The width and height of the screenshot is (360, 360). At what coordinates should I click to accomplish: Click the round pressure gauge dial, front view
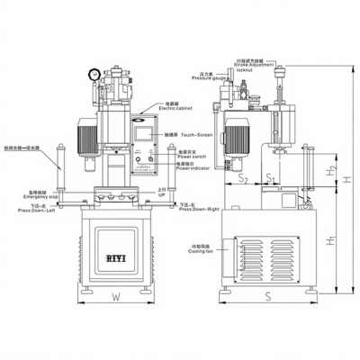click(x=94, y=76)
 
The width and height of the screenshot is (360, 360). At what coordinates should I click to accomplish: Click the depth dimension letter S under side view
click(x=267, y=294)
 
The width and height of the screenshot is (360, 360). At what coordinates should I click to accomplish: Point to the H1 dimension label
click(x=328, y=241)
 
